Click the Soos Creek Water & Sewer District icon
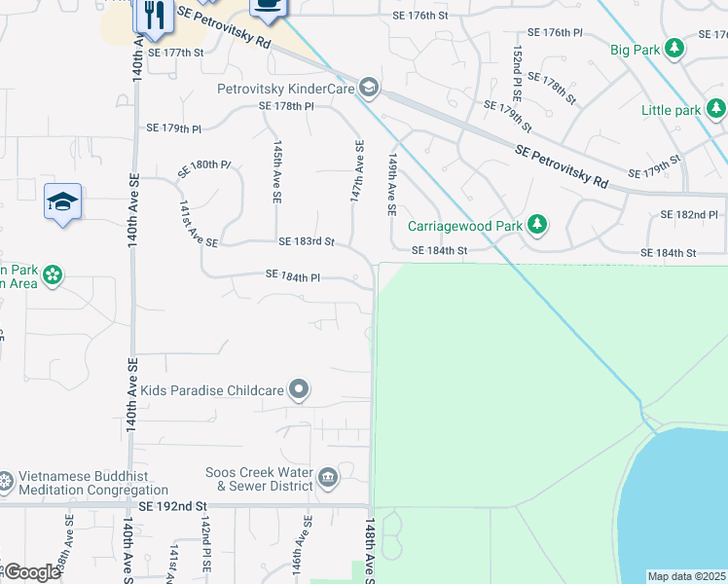pos(328,477)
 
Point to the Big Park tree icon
pos(674,49)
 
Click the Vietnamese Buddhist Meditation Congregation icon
pos(6,480)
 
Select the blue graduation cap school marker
pos(62,202)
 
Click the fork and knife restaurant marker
pos(152,14)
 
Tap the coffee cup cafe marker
pos(269,6)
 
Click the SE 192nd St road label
pos(173,506)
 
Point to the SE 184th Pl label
pos(292,276)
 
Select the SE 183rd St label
pos(306,241)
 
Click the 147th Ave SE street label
pos(357,171)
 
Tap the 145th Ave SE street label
pos(277,170)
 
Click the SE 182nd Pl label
pos(688,214)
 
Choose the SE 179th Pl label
pos(173,128)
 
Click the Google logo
pos(31,572)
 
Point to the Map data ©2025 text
pos(686,576)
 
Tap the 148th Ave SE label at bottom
pos(370,550)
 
